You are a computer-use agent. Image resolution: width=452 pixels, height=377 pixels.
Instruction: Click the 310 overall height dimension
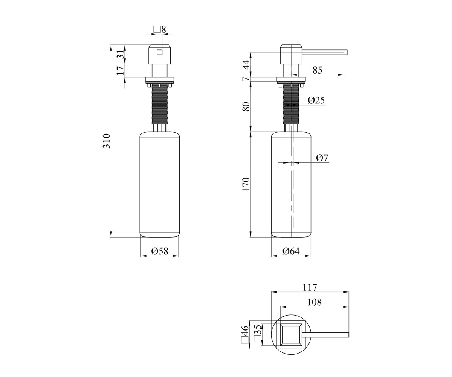[107, 141]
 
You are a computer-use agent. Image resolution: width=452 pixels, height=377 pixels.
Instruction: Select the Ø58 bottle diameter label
[160, 251]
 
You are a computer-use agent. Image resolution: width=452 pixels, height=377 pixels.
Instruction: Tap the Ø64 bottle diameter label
[291, 251]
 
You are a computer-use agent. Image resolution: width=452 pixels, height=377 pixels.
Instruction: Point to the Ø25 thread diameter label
[316, 100]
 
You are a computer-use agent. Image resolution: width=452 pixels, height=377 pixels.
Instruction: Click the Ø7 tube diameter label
[322, 158]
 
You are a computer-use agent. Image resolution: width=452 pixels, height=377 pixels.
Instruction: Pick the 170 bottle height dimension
[246, 184]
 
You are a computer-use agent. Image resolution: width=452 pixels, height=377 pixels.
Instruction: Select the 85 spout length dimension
[318, 70]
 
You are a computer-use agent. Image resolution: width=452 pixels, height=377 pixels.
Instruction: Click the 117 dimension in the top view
[310, 287]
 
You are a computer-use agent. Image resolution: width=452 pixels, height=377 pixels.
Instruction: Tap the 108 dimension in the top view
[314, 302]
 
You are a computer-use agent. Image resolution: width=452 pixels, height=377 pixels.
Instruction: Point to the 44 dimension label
[246, 64]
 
